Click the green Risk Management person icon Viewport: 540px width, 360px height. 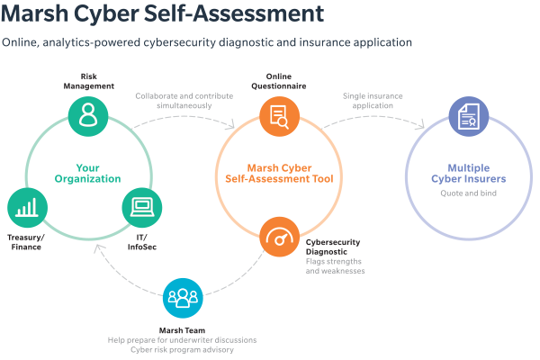88,116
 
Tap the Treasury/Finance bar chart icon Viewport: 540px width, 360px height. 27,208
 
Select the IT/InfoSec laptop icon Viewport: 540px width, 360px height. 142,208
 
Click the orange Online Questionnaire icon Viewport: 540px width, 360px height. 279,116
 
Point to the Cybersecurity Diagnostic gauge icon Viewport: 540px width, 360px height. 279,237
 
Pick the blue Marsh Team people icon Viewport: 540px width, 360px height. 183,298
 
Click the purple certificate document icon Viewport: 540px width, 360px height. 469,116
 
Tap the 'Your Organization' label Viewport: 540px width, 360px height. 88,174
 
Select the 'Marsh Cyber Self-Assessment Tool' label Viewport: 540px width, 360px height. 279,174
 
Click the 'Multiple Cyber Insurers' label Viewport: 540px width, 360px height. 469,174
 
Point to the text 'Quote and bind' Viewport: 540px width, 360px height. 469,193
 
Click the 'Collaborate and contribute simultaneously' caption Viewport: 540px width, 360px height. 184,101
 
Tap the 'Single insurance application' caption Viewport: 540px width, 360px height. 373,101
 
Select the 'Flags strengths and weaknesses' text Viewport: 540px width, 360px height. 335,266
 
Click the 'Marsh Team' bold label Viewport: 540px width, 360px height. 182,330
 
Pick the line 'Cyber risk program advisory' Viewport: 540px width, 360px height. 182,350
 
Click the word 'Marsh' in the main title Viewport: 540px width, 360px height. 35,13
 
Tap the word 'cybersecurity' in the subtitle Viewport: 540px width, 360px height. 179,42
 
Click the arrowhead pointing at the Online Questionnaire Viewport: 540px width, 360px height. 232,125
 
